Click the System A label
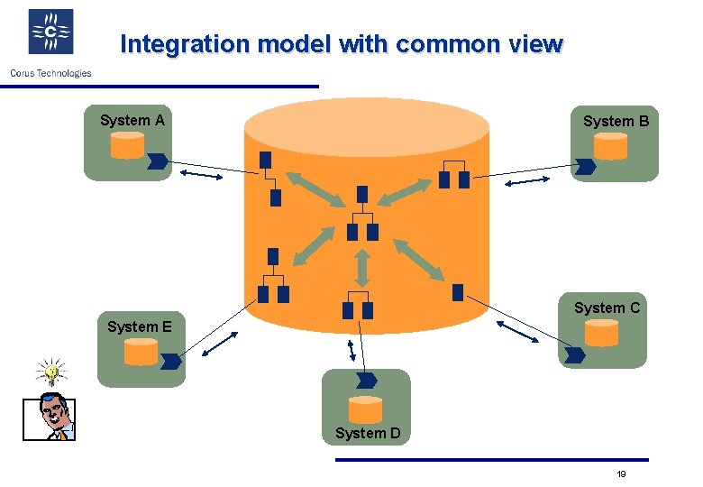(x=132, y=120)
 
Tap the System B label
(x=616, y=121)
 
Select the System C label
(x=607, y=308)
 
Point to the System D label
(x=368, y=433)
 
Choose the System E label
(x=139, y=326)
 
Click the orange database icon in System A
(x=127, y=146)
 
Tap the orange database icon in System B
(x=610, y=146)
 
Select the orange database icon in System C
(x=602, y=335)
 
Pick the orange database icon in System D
(x=365, y=409)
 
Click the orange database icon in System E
(x=141, y=352)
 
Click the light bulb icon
(x=51, y=371)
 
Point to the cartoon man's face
(x=51, y=417)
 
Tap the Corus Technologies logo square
(x=50, y=33)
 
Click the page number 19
(x=621, y=474)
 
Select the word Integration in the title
(x=170, y=44)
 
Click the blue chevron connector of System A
(x=157, y=161)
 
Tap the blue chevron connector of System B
(x=586, y=167)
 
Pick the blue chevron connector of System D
(x=367, y=380)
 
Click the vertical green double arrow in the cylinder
(x=361, y=267)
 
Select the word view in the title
(x=535, y=44)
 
